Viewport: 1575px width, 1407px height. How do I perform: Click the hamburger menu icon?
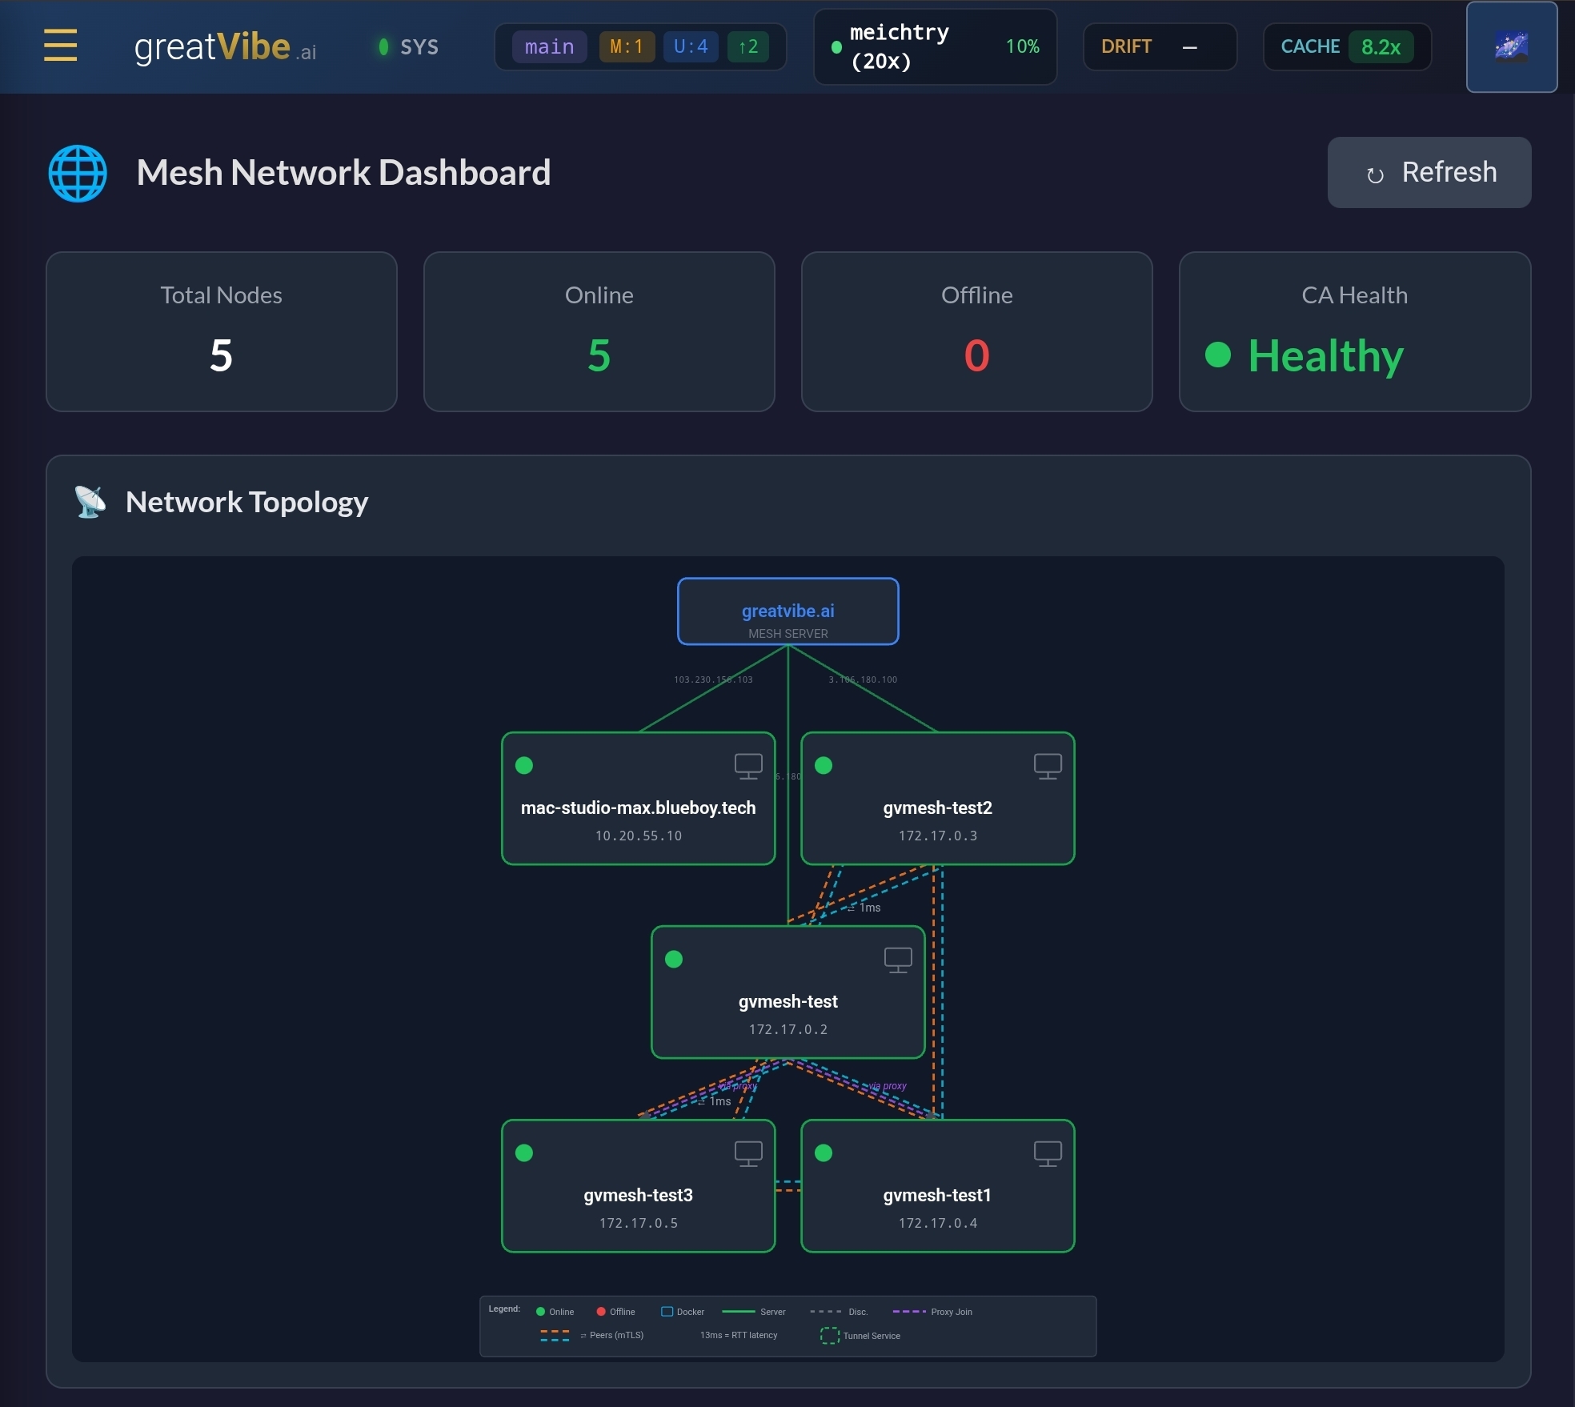pos(60,46)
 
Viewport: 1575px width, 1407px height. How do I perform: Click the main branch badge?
pos(549,47)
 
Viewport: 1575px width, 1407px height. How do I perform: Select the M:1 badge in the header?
pos(627,47)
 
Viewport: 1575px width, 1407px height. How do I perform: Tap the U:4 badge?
pos(691,47)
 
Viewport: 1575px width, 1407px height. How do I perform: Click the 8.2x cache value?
pos(1381,47)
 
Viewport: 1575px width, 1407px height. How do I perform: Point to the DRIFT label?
pos(1126,47)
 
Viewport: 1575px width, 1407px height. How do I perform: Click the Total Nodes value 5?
pos(221,355)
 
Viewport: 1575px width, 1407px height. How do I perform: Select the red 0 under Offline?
pos(976,355)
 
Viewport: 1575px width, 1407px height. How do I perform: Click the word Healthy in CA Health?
pos(1325,356)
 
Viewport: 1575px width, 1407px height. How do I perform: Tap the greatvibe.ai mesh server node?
pos(787,611)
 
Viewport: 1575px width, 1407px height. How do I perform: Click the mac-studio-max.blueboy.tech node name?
pos(638,808)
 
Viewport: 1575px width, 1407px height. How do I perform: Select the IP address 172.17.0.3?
pos(937,836)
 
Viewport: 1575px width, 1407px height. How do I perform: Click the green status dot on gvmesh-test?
pos(674,959)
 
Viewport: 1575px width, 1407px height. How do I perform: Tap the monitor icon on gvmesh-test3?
pos(748,1153)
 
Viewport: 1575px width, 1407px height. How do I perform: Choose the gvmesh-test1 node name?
pos(937,1195)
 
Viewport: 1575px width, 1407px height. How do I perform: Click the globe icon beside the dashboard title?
pos(78,173)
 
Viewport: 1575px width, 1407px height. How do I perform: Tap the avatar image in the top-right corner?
pos(1511,47)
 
